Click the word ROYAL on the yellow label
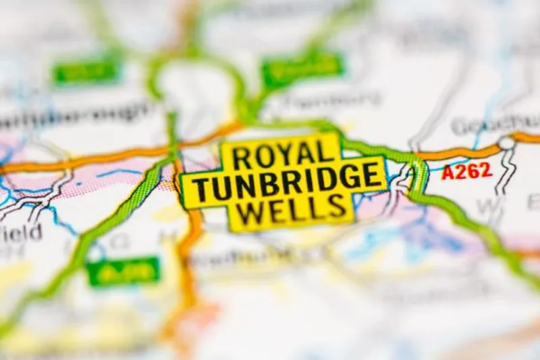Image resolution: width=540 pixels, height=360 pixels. (x=280, y=156)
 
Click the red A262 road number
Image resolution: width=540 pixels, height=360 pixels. (x=466, y=172)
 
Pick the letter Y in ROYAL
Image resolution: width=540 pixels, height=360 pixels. (x=282, y=156)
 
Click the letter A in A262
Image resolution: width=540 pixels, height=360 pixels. (x=448, y=172)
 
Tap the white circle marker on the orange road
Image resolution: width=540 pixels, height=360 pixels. (x=506, y=143)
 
